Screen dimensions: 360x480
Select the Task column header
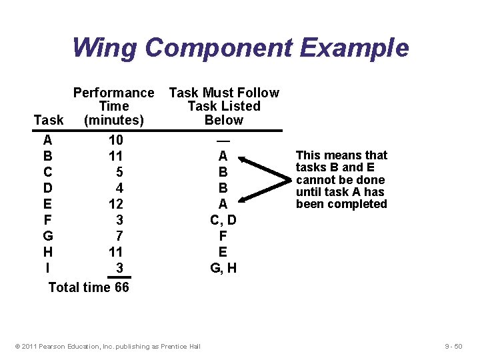click(x=49, y=120)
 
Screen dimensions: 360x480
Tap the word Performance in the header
click(x=113, y=93)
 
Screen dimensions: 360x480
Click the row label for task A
click(x=47, y=141)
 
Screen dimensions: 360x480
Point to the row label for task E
click(x=47, y=204)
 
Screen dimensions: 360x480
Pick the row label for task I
click(x=47, y=268)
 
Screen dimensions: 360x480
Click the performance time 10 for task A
click(x=116, y=141)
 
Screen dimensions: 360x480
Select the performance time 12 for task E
click(x=116, y=204)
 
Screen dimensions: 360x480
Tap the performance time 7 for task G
click(x=119, y=236)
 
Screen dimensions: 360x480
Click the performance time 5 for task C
click(x=119, y=172)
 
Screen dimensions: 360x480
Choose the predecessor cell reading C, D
click(x=223, y=220)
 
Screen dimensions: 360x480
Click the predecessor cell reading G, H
click(x=223, y=268)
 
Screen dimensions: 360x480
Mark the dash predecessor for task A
click(x=223, y=141)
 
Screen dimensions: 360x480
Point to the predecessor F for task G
click(x=223, y=236)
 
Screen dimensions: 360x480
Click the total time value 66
click(x=120, y=287)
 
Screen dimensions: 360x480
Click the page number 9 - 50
click(x=456, y=347)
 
